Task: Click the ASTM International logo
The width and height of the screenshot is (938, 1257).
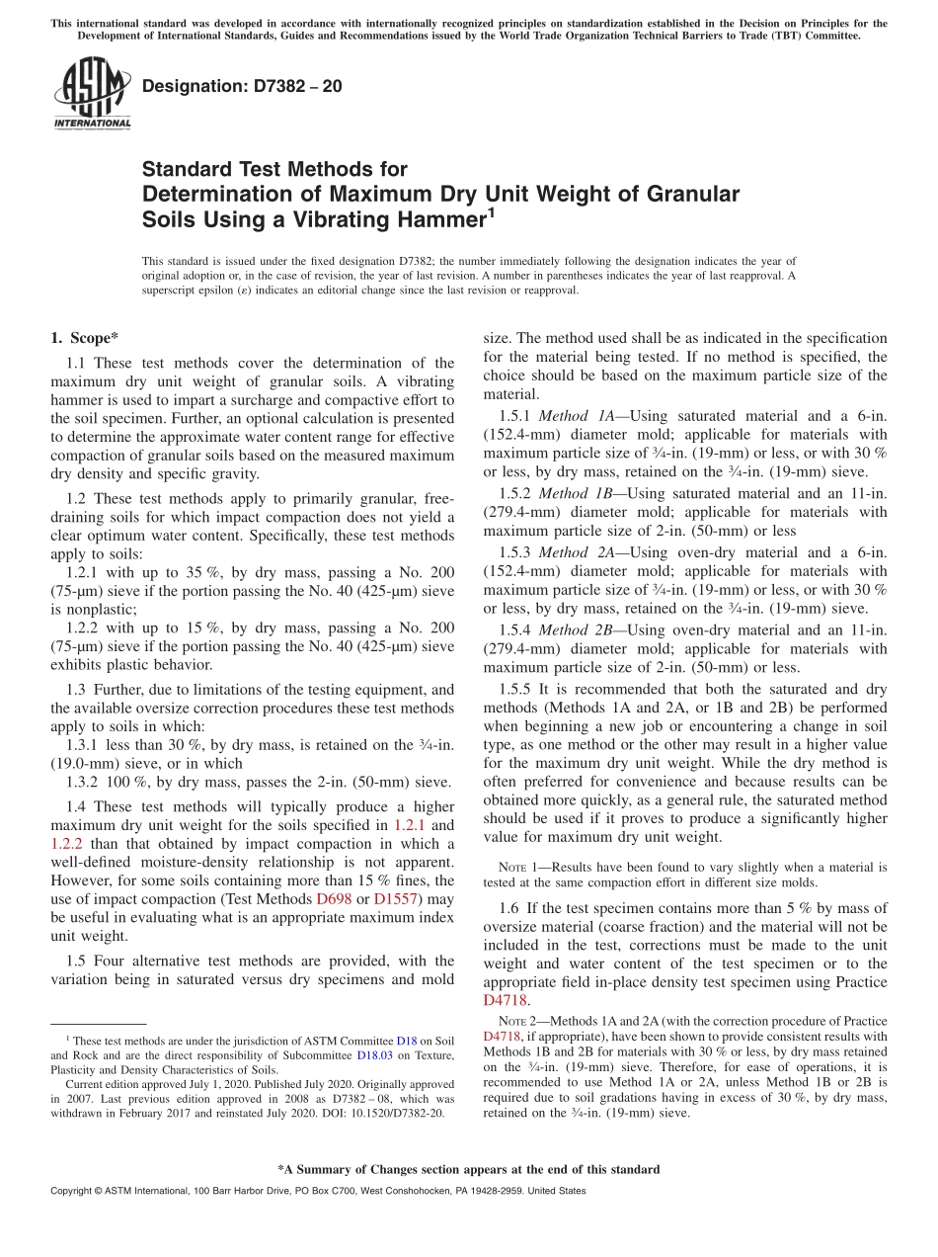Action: (x=92, y=95)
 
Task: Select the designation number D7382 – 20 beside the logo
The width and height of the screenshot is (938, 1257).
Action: (x=242, y=86)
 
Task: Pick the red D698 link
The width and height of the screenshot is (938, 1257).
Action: (x=333, y=899)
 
